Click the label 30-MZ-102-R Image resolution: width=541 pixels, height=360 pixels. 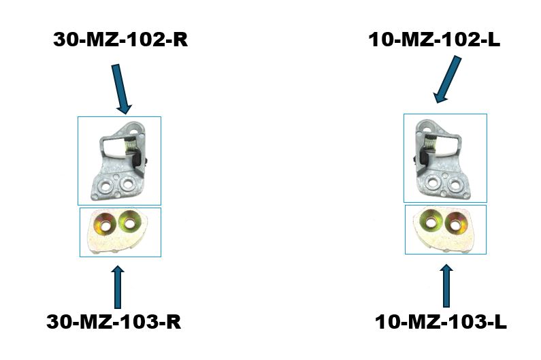(x=120, y=39)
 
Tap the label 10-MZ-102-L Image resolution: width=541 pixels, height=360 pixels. (x=434, y=39)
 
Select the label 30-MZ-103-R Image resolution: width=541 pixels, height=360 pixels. (x=114, y=322)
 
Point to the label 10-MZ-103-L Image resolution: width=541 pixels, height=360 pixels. (x=440, y=322)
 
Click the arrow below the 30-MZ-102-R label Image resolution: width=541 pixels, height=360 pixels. (x=121, y=88)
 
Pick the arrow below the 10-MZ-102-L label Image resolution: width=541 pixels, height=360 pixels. (x=448, y=79)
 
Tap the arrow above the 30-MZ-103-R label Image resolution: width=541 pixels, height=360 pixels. (x=118, y=287)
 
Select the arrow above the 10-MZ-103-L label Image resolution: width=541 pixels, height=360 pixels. (x=446, y=286)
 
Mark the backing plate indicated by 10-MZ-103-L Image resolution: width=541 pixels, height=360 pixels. (x=444, y=229)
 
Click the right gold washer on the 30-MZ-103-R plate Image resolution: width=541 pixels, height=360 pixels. (x=130, y=220)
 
